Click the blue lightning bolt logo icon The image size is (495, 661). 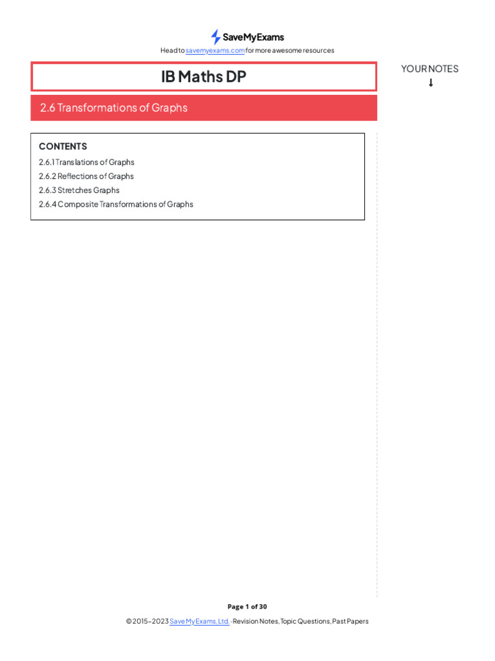(x=215, y=37)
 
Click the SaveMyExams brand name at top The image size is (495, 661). (x=253, y=37)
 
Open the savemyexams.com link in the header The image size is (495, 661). (x=215, y=50)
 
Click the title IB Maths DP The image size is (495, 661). (x=204, y=77)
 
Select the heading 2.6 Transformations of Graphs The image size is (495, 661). (x=113, y=108)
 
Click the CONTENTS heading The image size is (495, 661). (x=63, y=147)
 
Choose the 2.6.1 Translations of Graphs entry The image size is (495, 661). (x=86, y=162)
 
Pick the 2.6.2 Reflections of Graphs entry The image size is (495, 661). (x=86, y=176)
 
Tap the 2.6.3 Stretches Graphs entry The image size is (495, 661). (x=79, y=190)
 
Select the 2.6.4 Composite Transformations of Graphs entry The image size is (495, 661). (x=116, y=204)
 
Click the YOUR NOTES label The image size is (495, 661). (x=430, y=68)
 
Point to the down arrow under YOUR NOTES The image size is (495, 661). (x=431, y=83)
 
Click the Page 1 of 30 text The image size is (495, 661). (x=247, y=607)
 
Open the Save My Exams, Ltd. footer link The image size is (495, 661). (x=199, y=621)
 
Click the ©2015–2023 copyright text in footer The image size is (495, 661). (x=147, y=621)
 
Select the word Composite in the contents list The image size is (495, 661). (x=78, y=204)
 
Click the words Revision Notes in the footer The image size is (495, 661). (x=256, y=621)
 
